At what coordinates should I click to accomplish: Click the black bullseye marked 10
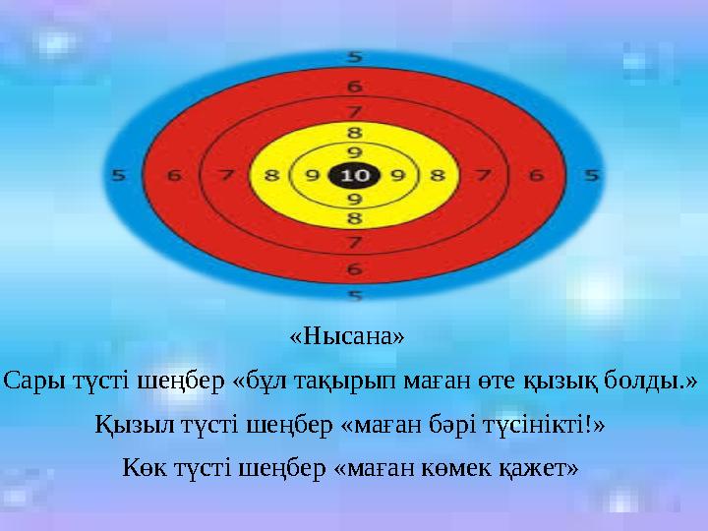point(354,175)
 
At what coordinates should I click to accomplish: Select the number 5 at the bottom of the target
point(354,294)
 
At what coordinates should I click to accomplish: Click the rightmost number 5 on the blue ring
point(590,176)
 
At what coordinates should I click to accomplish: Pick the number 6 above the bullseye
point(354,86)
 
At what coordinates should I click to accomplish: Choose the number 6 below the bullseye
point(354,266)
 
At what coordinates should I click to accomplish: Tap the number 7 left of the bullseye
point(226,176)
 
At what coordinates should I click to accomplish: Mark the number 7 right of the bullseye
point(482,176)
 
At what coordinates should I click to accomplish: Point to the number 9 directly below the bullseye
point(354,199)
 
